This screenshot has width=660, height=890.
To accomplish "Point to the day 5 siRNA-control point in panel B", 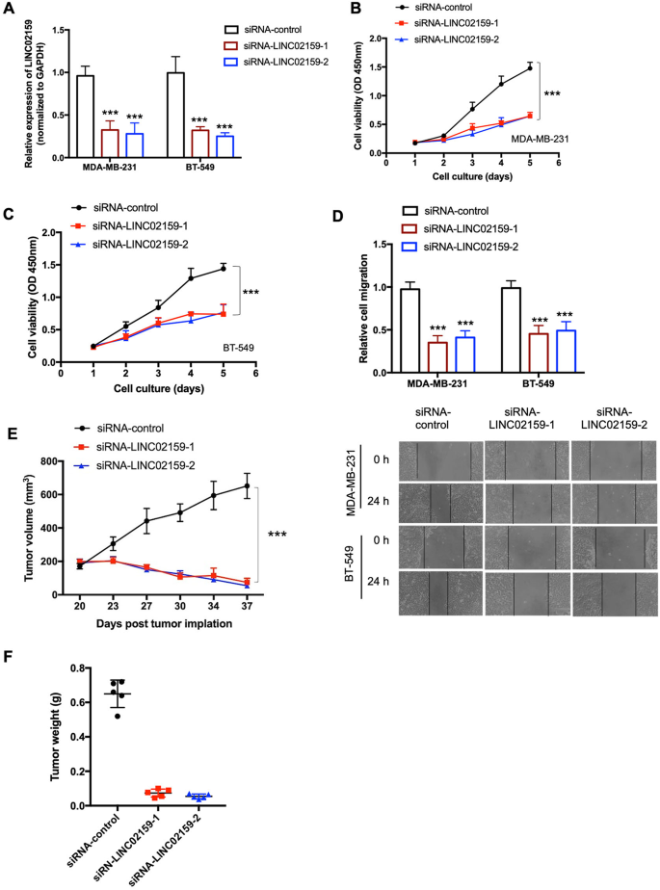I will coord(529,68).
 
